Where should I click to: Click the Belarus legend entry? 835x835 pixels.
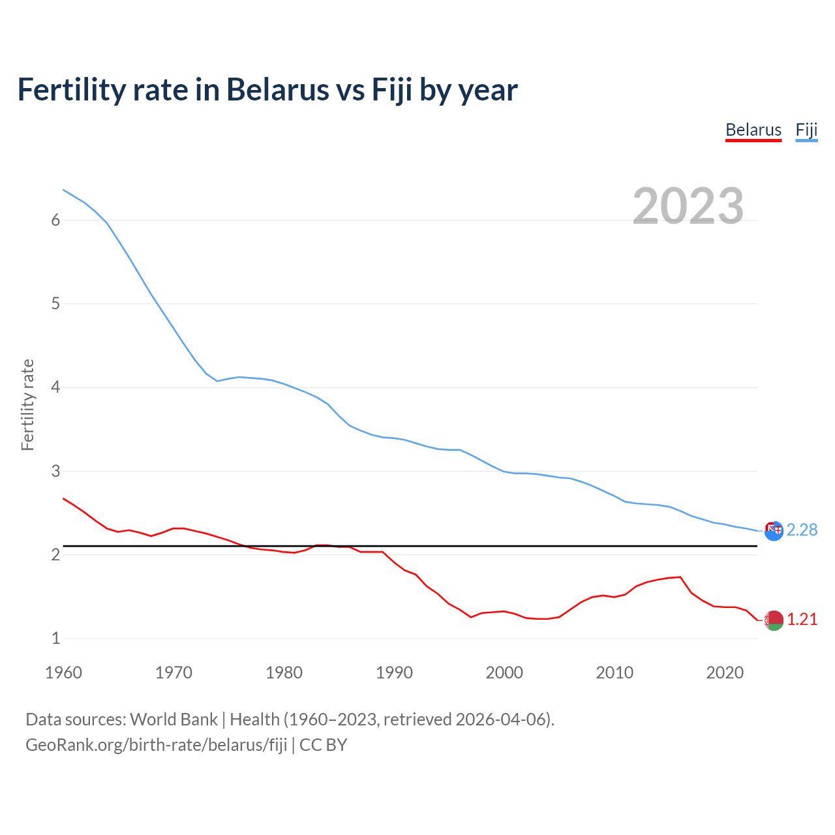[x=753, y=130]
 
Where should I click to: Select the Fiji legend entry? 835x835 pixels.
[x=806, y=130]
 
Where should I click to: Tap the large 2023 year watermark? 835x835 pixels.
[x=688, y=206]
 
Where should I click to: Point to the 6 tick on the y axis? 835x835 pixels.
[x=55, y=220]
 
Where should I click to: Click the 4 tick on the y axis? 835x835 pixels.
[x=55, y=387]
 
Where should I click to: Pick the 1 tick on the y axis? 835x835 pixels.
[x=55, y=639]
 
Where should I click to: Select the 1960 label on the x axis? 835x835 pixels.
[x=63, y=673]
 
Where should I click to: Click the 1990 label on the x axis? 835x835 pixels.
[x=394, y=673]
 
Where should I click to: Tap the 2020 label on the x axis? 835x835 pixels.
[x=725, y=673]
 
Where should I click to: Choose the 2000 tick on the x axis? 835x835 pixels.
[x=504, y=673]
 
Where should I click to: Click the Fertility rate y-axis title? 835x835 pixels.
[x=27, y=404]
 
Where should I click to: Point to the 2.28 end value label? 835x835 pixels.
[x=802, y=530]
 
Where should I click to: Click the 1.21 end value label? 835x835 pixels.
[x=802, y=620]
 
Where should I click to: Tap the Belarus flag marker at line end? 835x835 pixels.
[x=774, y=620]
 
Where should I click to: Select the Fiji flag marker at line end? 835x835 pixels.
[x=774, y=531]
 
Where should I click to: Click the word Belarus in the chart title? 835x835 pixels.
[x=277, y=90]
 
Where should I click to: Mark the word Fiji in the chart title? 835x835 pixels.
[x=392, y=90]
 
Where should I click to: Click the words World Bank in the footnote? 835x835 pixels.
[x=174, y=720]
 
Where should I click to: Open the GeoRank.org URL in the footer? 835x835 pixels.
[x=156, y=745]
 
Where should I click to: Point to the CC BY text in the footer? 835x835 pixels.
[x=323, y=745]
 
